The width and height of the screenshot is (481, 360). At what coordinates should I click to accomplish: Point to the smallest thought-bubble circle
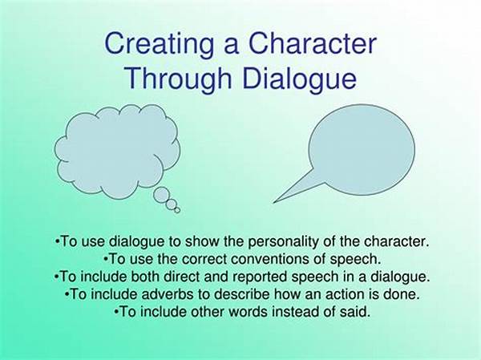pyautogui.click(x=177, y=210)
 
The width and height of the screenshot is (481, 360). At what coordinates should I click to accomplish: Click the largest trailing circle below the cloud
pyautogui.click(x=161, y=194)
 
